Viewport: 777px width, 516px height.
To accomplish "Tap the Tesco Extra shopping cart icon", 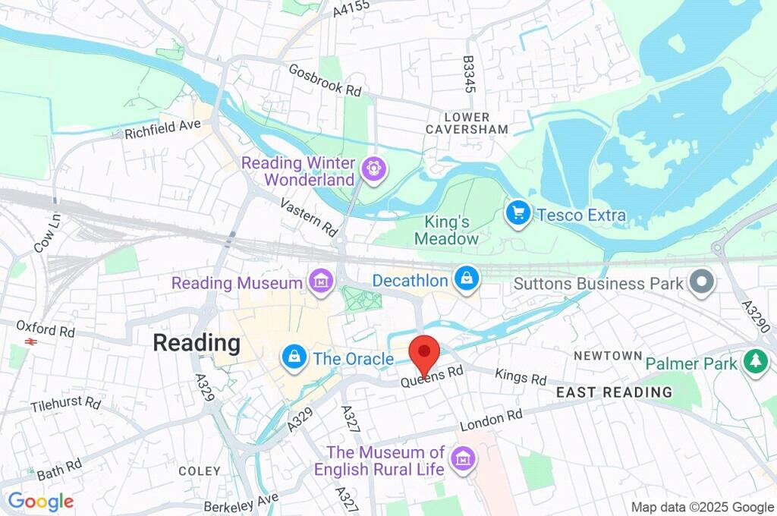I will click(x=518, y=214).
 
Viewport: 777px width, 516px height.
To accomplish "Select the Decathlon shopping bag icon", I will click(x=466, y=278).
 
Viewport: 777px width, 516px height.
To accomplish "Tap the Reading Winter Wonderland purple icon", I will click(x=373, y=168).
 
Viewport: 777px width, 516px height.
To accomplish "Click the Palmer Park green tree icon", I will click(x=755, y=362).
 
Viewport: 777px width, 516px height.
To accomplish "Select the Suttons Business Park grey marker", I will click(x=702, y=282).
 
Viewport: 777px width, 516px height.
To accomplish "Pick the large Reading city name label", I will click(x=197, y=343).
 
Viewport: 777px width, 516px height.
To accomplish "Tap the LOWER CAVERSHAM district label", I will click(x=467, y=124).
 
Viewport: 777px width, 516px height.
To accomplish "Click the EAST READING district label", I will click(x=615, y=392).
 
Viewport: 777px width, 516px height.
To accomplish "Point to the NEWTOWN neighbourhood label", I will click(x=608, y=356).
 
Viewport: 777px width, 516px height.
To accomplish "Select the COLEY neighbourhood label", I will click(x=200, y=471).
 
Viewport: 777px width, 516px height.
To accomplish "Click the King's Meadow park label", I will click(x=446, y=231).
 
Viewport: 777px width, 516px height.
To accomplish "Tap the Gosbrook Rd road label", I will click(x=325, y=79).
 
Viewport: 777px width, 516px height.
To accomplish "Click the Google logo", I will click(x=41, y=502).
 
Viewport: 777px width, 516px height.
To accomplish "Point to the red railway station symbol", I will click(x=31, y=342).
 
